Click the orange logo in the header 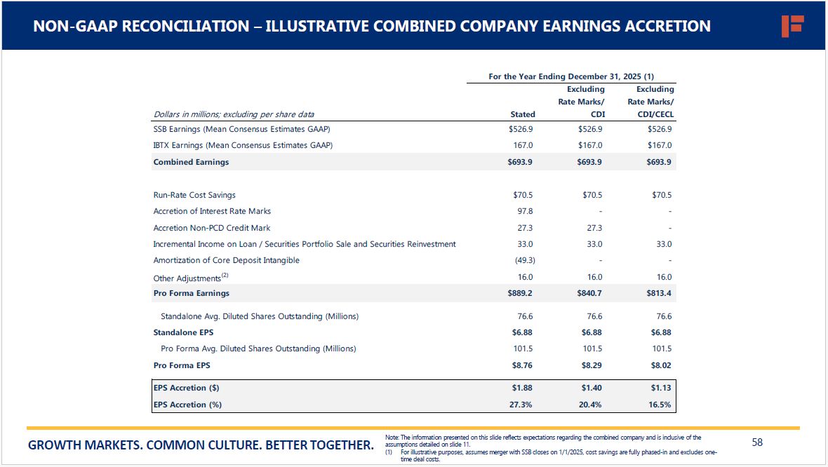coord(792,26)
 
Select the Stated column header coord(523,114)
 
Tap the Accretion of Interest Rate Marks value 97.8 coord(525,211)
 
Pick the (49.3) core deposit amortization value coord(523,260)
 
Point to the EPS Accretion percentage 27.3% coord(521,405)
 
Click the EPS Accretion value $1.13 coord(661,388)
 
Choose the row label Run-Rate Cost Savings coord(194,195)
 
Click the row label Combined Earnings coord(191,162)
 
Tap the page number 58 coord(757,442)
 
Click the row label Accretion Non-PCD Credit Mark coord(212,228)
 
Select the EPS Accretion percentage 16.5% coord(660,405)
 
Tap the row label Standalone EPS coord(183,332)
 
